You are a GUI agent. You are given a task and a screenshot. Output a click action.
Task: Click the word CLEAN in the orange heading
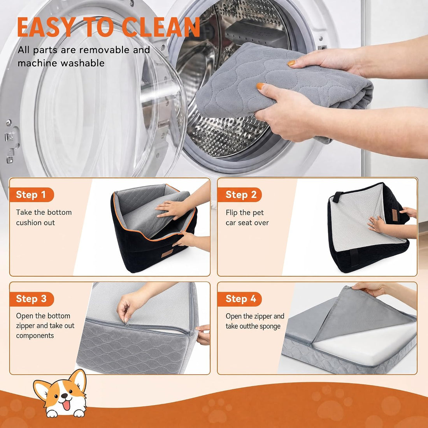[161, 27]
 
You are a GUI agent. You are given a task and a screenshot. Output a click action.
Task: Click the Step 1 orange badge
[32, 195]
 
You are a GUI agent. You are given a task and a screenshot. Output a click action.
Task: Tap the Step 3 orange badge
[32, 299]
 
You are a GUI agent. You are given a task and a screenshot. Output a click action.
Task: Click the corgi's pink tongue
[66, 405]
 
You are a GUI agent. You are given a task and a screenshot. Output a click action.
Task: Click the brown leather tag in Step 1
[167, 253]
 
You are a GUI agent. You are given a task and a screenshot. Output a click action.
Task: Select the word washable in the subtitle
[82, 63]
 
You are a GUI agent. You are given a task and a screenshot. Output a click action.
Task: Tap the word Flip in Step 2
[232, 213]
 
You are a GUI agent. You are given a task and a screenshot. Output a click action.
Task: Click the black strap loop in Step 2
[337, 197]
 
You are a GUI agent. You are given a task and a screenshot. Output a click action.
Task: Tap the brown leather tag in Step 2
[395, 215]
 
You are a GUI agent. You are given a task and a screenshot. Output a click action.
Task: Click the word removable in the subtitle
[104, 50]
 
